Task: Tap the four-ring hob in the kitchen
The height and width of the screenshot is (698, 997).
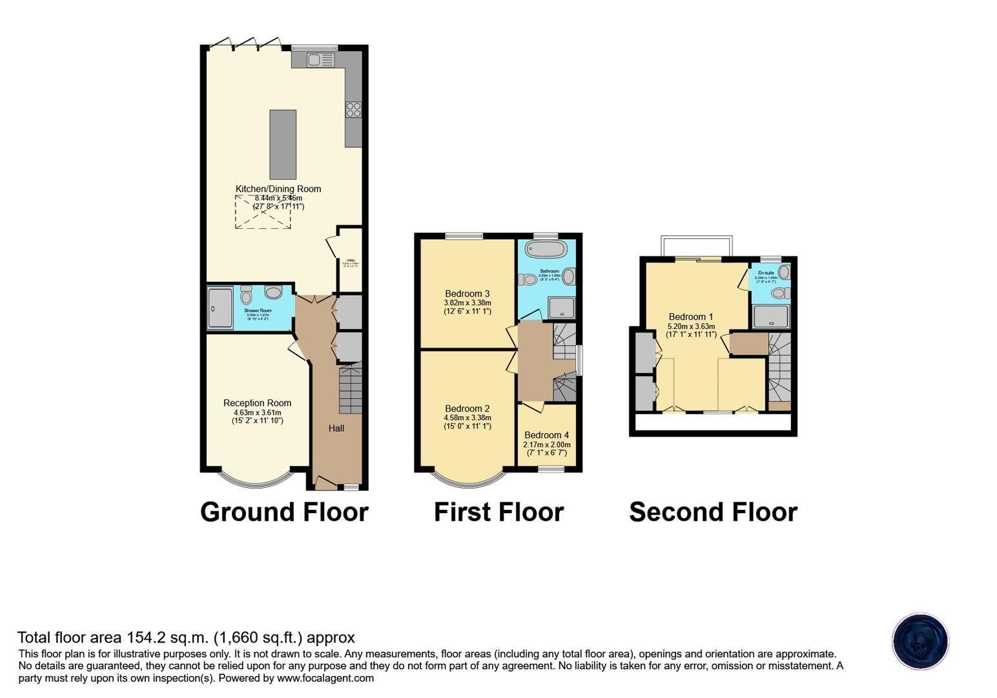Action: (353, 110)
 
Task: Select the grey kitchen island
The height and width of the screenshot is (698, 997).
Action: (283, 144)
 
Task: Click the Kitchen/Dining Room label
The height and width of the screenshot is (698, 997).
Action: (278, 189)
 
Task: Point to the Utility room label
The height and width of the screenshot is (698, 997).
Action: (351, 260)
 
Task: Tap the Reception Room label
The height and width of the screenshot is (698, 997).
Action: (257, 403)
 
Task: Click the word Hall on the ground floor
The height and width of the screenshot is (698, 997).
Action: (336, 428)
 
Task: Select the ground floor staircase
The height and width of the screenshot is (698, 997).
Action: (350, 388)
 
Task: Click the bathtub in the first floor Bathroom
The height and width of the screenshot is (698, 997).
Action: (546, 249)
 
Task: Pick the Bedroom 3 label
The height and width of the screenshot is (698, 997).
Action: (468, 293)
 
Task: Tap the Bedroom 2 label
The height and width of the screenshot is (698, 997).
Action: (468, 408)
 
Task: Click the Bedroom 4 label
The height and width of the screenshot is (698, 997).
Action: (547, 435)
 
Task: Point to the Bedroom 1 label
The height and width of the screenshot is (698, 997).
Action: (691, 317)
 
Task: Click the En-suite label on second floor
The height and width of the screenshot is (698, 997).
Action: (765, 273)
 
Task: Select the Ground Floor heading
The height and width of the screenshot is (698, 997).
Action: (284, 511)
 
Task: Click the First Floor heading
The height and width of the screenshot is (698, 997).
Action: (498, 511)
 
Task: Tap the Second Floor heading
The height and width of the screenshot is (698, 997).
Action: (713, 511)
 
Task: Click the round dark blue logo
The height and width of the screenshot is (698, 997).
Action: (920, 641)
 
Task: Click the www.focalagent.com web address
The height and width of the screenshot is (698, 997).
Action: (325, 678)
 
